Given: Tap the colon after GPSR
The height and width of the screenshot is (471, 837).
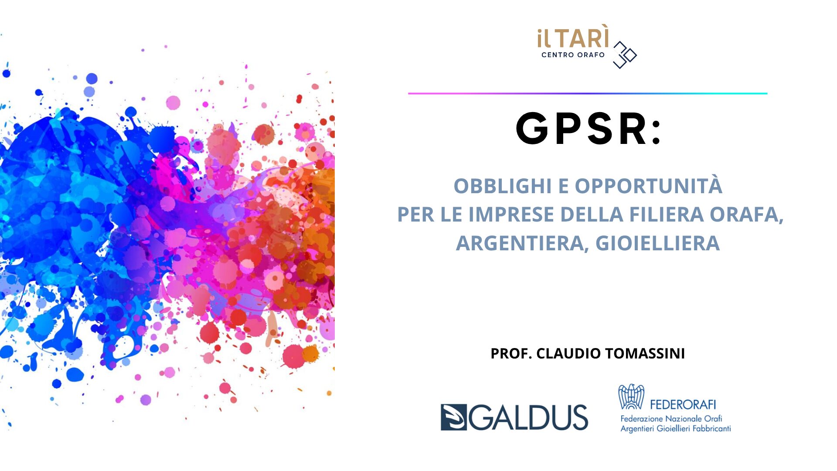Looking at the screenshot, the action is coord(657,132).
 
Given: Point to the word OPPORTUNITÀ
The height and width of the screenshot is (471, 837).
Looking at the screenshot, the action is coord(648,185).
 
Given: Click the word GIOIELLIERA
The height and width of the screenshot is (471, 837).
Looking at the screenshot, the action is coord(657,243).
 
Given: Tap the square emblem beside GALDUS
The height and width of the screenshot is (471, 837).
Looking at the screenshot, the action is coord(453,417).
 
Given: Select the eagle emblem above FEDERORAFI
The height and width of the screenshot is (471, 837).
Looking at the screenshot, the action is coord(631,396).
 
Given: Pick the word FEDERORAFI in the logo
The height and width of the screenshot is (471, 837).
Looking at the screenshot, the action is coord(683,405).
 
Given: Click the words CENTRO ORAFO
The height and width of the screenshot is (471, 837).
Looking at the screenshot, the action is coord(573,55).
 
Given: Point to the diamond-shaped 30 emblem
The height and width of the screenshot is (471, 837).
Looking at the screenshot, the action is coord(625,55).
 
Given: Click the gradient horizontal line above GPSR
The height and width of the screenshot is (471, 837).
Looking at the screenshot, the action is coord(588,93).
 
